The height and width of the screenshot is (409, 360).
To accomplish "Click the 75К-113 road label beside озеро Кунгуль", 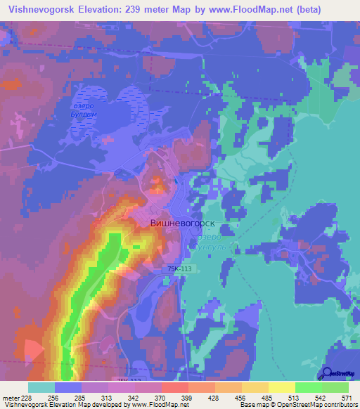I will (180, 268).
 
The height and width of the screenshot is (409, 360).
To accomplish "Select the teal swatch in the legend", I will (41, 387).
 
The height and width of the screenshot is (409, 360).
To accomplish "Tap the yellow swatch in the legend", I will (282, 387).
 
